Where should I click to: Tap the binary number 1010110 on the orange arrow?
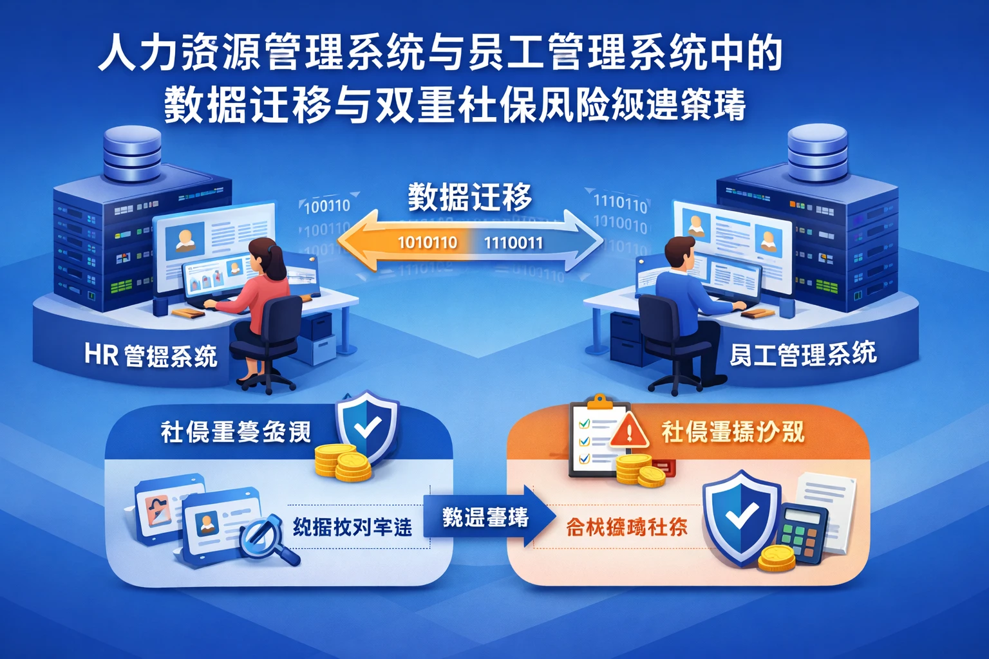[x=428, y=243]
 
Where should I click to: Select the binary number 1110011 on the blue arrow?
[x=513, y=243]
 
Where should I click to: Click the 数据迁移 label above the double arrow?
[x=469, y=197]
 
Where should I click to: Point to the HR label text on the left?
[x=102, y=354]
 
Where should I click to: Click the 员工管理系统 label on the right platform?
[x=802, y=354]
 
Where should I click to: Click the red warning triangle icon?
[x=628, y=430]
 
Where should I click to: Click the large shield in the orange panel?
[x=740, y=515]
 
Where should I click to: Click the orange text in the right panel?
[x=626, y=528]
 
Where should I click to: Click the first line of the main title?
[x=440, y=53]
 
